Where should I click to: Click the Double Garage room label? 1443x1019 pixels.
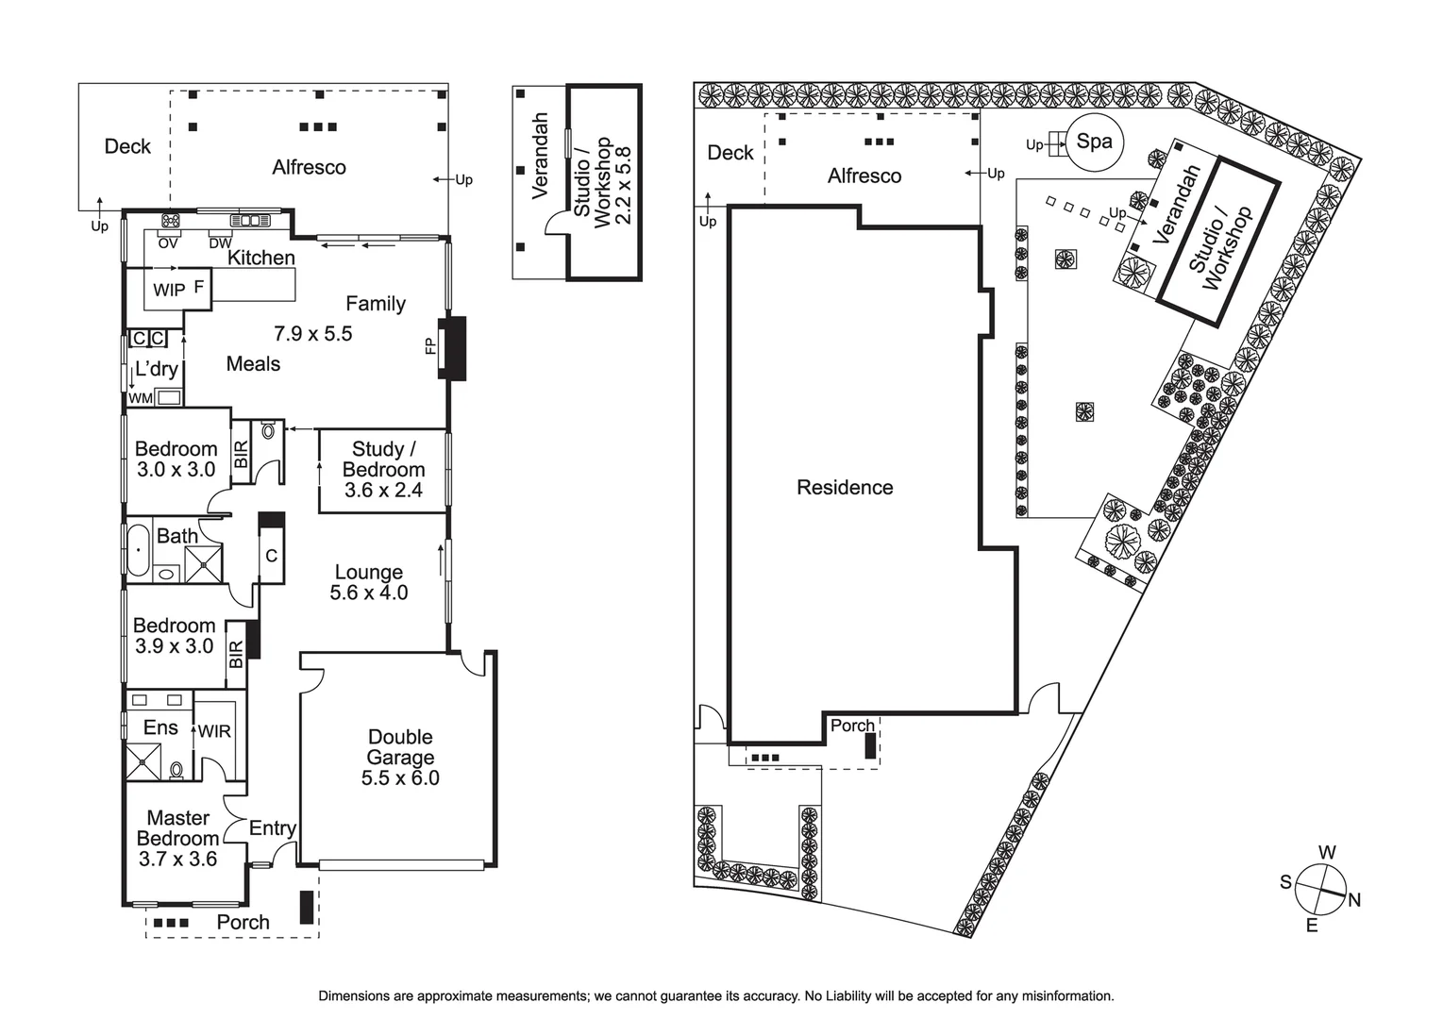click(x=400, y=747)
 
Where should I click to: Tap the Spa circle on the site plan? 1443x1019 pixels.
click(x=1094, y=142)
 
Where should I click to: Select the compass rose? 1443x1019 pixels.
click(x=1319, y=889)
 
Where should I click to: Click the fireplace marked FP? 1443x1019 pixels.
click(x=452, y=348)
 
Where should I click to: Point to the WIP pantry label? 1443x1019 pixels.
click(x=169, y=291)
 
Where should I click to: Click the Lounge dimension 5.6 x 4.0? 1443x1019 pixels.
click(x=368, y=593)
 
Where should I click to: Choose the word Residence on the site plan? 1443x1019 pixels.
click(x=845, y=488)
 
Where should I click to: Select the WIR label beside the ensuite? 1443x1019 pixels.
click(x=214, y=731)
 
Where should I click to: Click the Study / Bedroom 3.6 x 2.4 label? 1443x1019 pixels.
click(x=383, y=470)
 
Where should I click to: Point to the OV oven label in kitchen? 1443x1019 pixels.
click(x=168, y=243)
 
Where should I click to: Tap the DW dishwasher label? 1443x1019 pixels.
click(x=220, y=243)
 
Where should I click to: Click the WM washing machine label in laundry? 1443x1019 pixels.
click(x=141, y=398)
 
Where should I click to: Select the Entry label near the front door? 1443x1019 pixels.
click(x=272, y=828)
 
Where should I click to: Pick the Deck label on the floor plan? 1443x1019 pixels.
click(x=127, y=146)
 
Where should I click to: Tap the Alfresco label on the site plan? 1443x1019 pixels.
click(x=864, y=176)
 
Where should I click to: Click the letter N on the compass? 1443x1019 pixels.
click(x=1354, y=900)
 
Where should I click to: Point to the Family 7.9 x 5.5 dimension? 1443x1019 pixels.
click(x=312, y=333)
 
